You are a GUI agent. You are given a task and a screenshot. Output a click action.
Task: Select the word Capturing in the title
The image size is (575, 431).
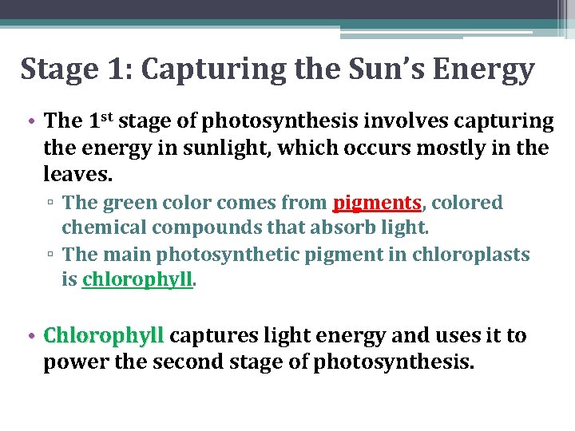[210, 70]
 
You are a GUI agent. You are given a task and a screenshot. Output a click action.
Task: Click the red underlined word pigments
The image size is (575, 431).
[377, 204]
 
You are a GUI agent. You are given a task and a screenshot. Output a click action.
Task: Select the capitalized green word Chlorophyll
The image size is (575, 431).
[104, 336]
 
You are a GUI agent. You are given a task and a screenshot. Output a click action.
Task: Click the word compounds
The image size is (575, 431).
[200, 227]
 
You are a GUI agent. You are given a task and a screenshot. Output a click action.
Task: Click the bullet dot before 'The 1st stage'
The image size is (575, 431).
[28, 121]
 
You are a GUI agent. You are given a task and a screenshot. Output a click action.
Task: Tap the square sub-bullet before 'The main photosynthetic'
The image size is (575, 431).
[50, 255]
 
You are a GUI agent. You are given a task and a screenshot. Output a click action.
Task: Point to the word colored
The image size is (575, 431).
[467, 203]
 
